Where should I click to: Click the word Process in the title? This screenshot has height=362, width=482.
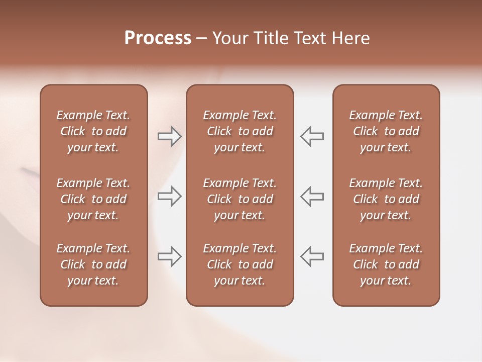pyautogui.click(x=158, y=38)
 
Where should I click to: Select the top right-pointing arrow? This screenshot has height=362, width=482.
pyautogui.click(x=170, y=136)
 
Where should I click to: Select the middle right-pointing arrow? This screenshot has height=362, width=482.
pyautogui.click(x=170, y=196)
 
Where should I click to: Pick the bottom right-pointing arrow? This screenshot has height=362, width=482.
pyautogui.click(x=170, y=256)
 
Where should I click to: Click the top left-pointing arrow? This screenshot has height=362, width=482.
pyautogui.click(x=312, y=136)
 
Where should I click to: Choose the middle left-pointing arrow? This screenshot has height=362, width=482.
pyautogui.click(x=312, y=196)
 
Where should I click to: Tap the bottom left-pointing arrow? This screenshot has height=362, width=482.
pyautogui.click(x=312, y=256)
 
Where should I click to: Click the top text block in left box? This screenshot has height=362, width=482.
pyautogui.click(x=93, y=131)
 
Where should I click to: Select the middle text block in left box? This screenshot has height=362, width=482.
pyautogui.click(x=93, y=199)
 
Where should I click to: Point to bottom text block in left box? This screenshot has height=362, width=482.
pyautogui.click(x=93, y=264)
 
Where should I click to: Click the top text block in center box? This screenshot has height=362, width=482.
pyautogui.click(x=240, y=131)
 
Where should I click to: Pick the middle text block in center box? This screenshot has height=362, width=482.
pyautogui.click(x=240, y=199)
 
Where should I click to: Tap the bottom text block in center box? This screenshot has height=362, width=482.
pyautogui.click(x=240, y=264)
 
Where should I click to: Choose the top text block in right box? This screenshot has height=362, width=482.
pyautogui.click(x=386, y=131)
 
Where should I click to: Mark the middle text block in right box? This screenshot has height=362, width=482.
pyautogui.click(x=386, y=199)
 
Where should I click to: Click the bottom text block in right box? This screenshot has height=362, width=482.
pyautogui.click(x=386, y=264)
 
